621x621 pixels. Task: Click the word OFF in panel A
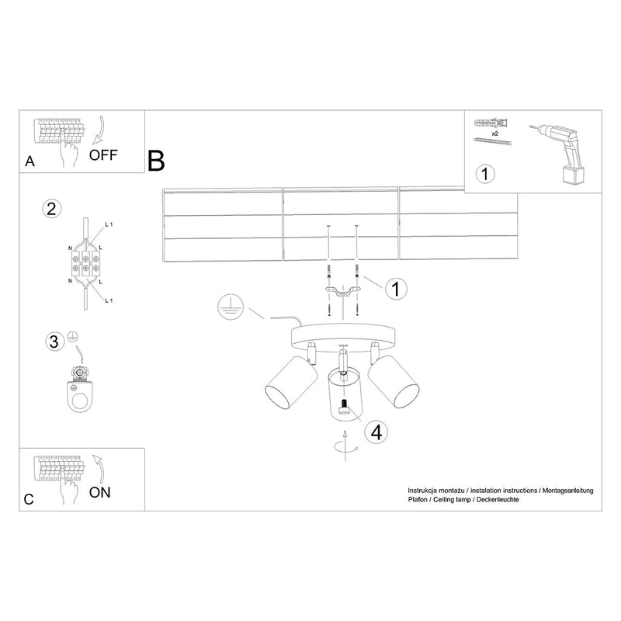(102, 153)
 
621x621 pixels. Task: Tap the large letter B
(157, 161)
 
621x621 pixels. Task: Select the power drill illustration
(564, 151)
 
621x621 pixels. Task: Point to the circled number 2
(52, 208)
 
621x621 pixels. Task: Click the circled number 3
(52, 342)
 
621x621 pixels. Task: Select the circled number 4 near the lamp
(376, 432)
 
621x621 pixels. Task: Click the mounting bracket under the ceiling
(342, 293)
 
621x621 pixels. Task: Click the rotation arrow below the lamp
(342, 446)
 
